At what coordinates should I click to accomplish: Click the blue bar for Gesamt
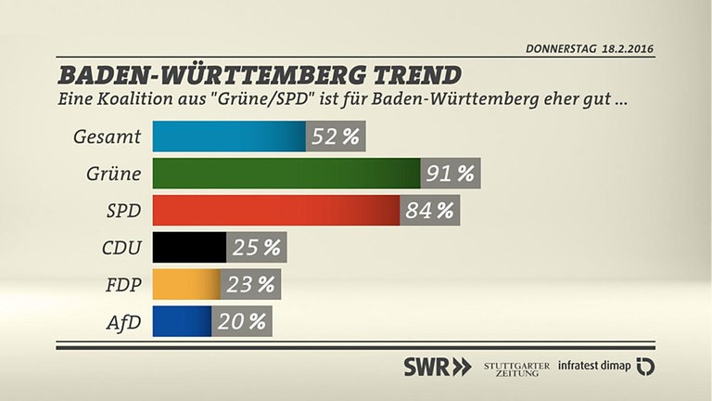(x=228, y=136)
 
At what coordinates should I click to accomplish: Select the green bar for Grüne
(x=286, y=174)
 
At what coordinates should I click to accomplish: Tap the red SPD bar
(x=275, y=211)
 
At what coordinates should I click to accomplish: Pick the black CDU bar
(x=189, y=248)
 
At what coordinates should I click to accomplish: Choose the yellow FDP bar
(x=186, y=284)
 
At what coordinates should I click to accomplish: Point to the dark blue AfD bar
(x=183, y=321)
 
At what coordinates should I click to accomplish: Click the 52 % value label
(x=336, y=136)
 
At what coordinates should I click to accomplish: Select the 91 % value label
(x=451, y=174)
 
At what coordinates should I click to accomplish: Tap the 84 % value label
(x=430, y=211)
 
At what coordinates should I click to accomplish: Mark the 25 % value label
(x=257, y=248)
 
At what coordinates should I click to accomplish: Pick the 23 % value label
(x=250, y=284)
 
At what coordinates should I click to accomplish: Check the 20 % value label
(x=243, y=321)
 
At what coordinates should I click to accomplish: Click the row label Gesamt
(x=107, y=137)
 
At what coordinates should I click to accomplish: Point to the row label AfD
(x=123, y=322)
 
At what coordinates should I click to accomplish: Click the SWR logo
(x=437, y=367)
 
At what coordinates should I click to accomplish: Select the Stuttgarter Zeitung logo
(x=515, y=367)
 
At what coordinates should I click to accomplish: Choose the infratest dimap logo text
(x=594, y=367)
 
